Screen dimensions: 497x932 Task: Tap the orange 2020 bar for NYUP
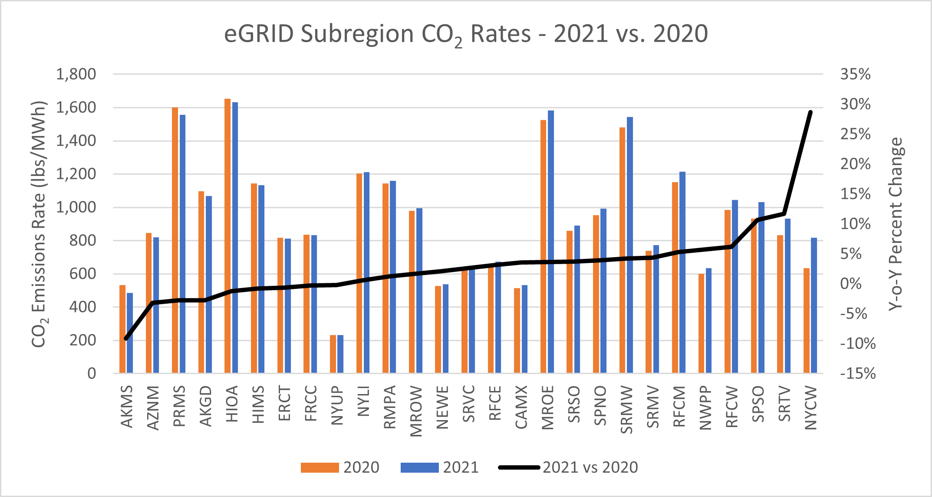click(x=333, y=354)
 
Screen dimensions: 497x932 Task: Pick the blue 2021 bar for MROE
click(x=551, y=241)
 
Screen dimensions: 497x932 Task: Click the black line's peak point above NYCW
click(x=810, y=112)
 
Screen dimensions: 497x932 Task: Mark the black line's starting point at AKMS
click(x=126, y=338)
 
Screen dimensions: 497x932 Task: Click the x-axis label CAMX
click(x=521, y=407)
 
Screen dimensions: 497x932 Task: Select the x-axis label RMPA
click(x=389, y=407)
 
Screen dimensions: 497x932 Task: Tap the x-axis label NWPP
click(x=705, y=408)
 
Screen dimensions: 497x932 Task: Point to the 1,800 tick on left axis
click(x=76, y=74)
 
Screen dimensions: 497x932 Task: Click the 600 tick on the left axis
click(x=82, y=274)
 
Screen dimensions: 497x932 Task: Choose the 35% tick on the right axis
click(x=855, y=74)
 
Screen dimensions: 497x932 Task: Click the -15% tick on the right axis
click(x=858, y=373)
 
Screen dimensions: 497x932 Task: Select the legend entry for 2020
click(x=341, y=467)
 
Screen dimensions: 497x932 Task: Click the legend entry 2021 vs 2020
click(x=569, y=467)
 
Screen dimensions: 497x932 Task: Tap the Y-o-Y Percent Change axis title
click(x=895, y=224)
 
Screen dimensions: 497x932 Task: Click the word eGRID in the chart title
click(x=259, y=34)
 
